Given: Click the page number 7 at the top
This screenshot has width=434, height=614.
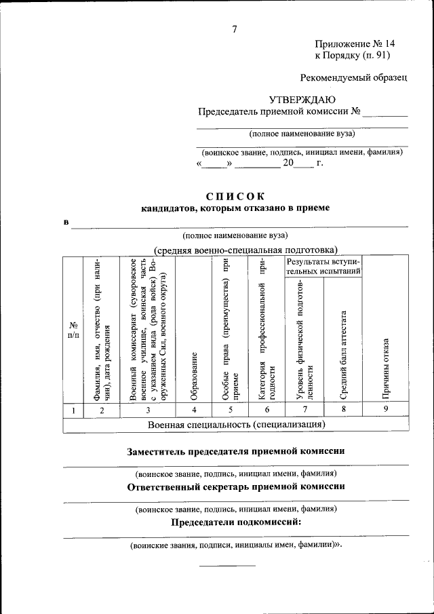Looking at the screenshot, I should [235, 28].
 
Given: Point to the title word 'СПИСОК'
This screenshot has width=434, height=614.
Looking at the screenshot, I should [235, 196].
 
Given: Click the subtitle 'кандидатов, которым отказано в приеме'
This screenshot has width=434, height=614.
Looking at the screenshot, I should [235, 209].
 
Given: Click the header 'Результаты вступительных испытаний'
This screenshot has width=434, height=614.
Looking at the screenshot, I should [324, 266].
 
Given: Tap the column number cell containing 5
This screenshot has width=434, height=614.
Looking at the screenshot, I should [231, 409].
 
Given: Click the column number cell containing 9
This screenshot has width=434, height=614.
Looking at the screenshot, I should [384, 409].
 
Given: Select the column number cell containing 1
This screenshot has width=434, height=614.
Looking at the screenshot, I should [73, 409].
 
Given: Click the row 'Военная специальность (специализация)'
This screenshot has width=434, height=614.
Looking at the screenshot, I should [236, 425].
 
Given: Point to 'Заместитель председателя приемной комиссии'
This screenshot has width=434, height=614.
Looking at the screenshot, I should [236, 451].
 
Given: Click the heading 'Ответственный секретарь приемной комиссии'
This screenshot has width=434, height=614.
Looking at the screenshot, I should [236, 486].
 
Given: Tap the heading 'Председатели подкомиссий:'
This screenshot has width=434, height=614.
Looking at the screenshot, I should [236, 522].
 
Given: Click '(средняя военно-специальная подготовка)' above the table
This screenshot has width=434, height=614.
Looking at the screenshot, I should [245, 250].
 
